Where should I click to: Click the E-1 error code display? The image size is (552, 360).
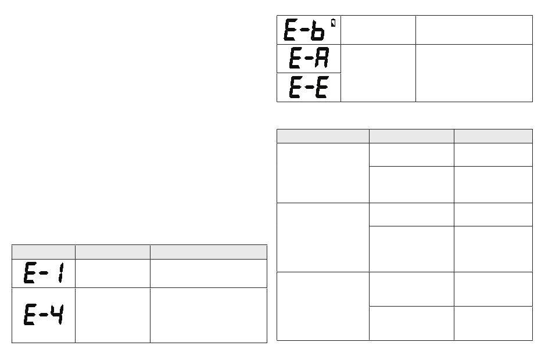click(x=44, y=273)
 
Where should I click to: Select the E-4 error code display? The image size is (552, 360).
click(x=44, y=315)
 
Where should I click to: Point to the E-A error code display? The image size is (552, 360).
click(x=309, y=59)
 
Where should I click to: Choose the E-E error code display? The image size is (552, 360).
click(x=309, y=88)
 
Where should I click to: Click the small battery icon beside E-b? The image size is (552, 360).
click(x=333, y=23)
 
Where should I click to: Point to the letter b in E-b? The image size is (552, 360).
click(x=318, y=30)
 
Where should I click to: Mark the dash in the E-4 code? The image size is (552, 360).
click(x=44, y=316)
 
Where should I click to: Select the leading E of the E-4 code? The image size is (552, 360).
click(x=30, y=315)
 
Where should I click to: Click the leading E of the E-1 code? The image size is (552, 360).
click(x=30, y=273)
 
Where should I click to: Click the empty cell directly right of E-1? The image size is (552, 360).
click(x=112, y=273)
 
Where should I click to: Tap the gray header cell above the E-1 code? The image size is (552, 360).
click(x=44, y=251)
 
